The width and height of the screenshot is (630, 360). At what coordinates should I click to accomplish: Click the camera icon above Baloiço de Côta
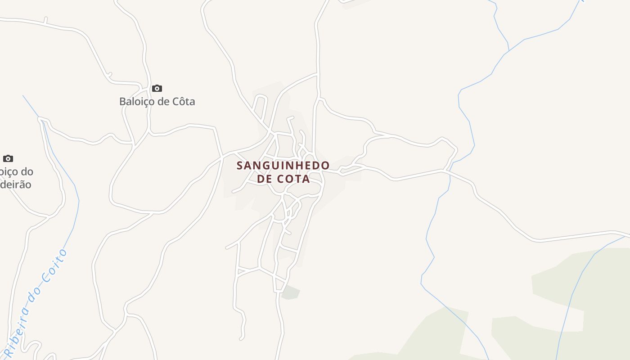coord(157,88)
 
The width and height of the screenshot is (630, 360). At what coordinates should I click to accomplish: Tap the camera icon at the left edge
coord(8,158)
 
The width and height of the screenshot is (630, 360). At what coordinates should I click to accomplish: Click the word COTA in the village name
coord(293,179)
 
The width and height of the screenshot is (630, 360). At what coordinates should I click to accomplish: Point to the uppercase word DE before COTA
coord(265,179)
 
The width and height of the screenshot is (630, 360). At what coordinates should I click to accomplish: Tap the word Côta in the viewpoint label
coord(184,102)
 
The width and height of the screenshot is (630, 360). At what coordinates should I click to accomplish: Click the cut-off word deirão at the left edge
coord(16,184)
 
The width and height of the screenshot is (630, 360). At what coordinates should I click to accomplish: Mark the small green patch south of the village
coord(290,292)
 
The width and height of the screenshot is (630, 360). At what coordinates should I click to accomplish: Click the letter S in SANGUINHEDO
coord(240,166)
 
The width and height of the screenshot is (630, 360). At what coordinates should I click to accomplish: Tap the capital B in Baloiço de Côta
coord(122,102)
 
